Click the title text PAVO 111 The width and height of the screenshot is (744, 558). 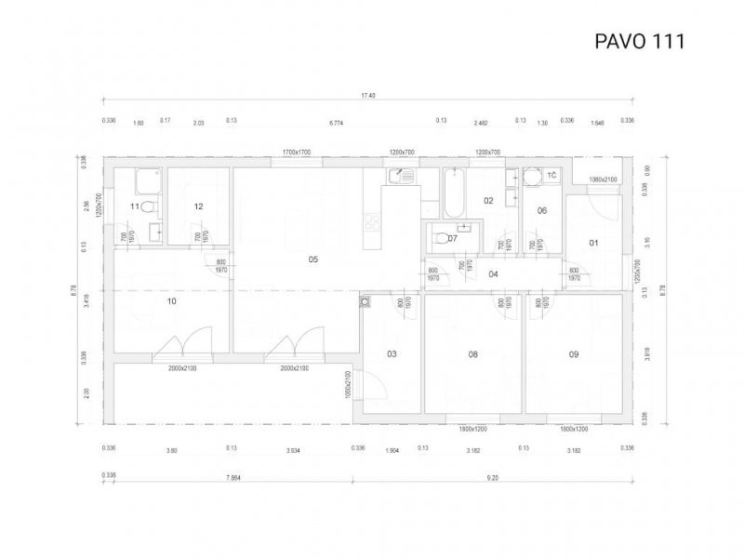[639, 41]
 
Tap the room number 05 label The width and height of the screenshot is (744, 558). [313, 259]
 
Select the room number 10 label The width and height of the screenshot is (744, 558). [171, 301]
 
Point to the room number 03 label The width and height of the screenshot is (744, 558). [392, 354]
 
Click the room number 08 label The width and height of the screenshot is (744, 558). [472, 354]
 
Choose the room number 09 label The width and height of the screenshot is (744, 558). [574, 354]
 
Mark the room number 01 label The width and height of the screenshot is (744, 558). [594, 244]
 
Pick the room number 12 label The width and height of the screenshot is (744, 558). [198, 206]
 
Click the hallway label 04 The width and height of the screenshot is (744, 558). [493, 273]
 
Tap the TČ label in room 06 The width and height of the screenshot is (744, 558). [551, 176]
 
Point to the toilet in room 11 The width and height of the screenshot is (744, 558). [149, 206]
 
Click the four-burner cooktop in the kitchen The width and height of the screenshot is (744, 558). [372, 221]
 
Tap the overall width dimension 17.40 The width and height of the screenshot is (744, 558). [368, 96]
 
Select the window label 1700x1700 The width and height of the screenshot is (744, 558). [297, 152]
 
